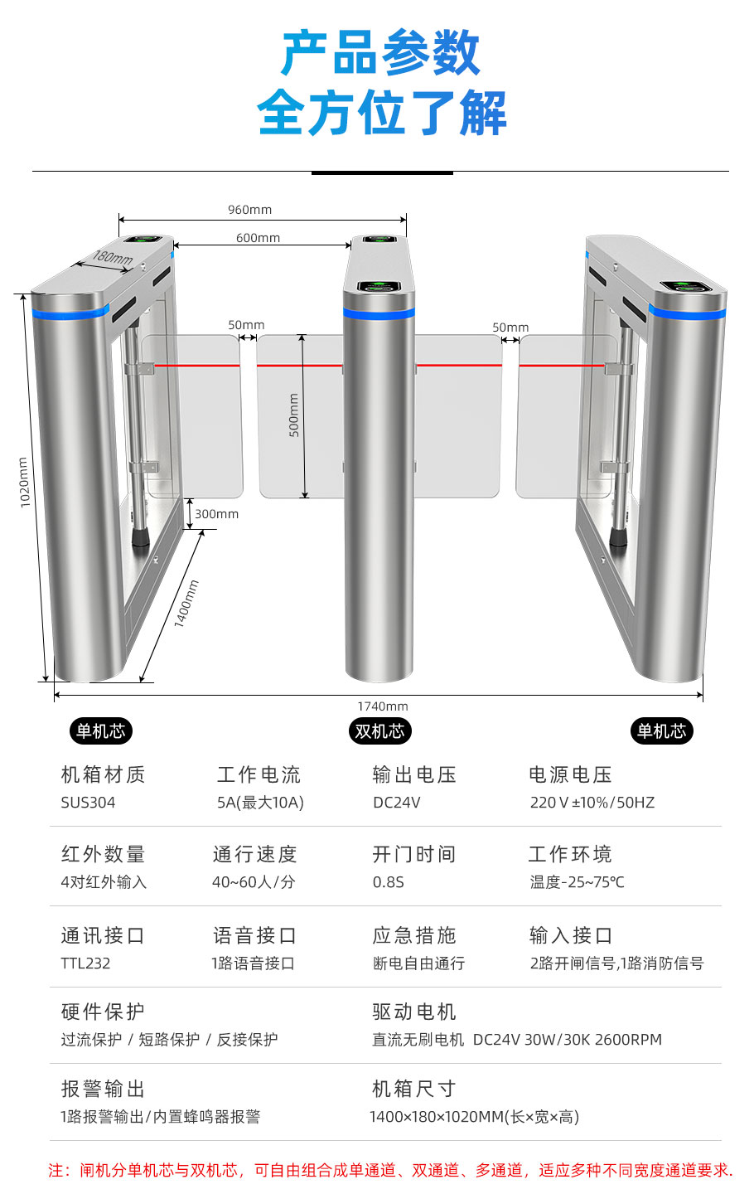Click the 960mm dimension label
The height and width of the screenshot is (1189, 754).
pos(249,210)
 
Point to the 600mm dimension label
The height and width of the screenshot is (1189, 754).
pos(258,238)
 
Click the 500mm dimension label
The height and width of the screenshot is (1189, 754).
pos(294,415)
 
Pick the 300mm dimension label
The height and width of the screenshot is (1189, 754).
pos(216,514)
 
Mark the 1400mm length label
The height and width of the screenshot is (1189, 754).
pos(186,604)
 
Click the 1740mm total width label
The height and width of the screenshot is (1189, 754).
pos(383,706)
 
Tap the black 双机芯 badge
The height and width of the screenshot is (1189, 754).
pos(379,731)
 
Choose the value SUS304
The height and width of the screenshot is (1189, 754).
pos(88,803)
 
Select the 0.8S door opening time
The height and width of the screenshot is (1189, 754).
pos(388,882)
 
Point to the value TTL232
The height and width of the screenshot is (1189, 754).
pos(85,963)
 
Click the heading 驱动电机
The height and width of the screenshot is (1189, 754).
pos(414,1012)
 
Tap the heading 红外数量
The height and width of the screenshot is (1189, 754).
pos(103,854)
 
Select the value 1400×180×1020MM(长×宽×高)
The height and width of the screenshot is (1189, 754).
pos(474,1117)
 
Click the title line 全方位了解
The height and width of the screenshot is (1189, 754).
pos(381,113)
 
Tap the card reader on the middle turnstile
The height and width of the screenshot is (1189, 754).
pos(379,287)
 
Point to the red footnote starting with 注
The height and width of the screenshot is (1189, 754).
pos(390,1170)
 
